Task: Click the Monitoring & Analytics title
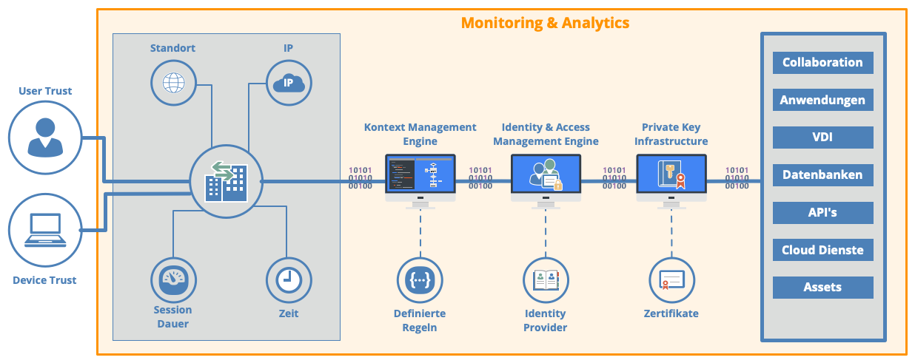point(545,23)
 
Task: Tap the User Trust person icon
point(45,138)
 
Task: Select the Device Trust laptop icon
point(45,230)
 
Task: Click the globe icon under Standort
point(174,83)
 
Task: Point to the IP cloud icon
point(289,83)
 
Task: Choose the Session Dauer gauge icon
point(174,280)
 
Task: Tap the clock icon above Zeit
point(289,280)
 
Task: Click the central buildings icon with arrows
point(227,181)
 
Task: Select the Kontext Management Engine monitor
point(420,181)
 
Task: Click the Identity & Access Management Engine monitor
point(546,181)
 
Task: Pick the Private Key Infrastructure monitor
point(671,181)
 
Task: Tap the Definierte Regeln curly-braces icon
point(420,280)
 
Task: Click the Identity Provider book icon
point(546,280)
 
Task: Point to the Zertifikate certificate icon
point(671,280)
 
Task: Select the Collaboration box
point(822,62)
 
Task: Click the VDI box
point(822,137)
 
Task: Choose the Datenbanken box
point(822,175)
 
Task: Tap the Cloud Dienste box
point(822,250)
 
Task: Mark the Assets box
point(822,288)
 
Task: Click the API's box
point(822,212)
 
